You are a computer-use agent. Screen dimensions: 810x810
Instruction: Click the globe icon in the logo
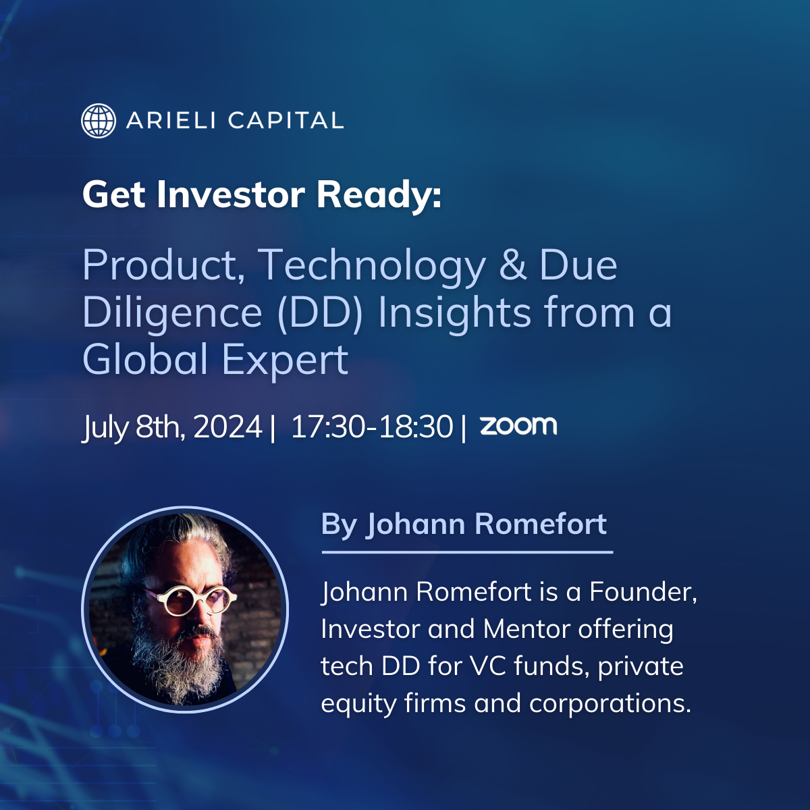(99, 121)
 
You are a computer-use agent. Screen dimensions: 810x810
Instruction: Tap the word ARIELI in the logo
(171, 121)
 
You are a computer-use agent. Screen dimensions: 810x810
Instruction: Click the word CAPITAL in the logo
(286, 121)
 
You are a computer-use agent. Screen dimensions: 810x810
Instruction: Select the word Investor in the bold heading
(231, 194)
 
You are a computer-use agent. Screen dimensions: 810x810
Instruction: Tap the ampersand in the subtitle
(513, 265)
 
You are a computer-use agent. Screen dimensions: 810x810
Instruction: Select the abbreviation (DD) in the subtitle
(320, 312)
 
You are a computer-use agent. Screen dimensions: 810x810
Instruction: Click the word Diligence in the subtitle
(172, 313)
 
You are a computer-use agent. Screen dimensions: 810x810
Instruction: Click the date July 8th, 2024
(172, 427)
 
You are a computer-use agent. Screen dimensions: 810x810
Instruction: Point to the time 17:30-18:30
(372, 427)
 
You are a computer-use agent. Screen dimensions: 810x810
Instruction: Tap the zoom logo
(518, 425)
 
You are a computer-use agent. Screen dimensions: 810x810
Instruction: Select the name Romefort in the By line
(541, 524)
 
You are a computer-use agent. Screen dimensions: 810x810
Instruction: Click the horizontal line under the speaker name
(467, 552)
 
